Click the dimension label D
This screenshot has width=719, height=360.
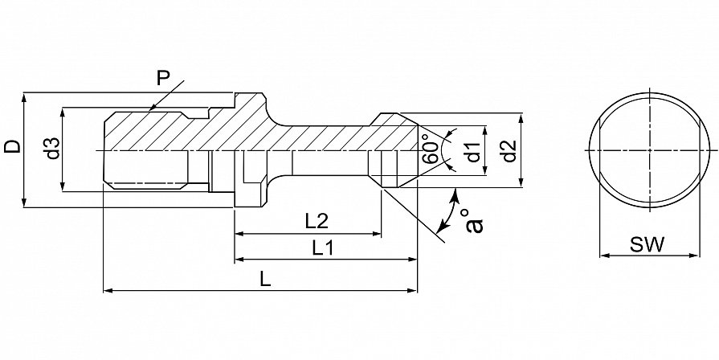(12, 146)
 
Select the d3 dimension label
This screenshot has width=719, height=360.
(53, 148)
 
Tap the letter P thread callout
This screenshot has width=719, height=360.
(163, 79)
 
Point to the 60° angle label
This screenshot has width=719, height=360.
(430, 149)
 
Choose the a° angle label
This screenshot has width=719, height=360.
(475, 221)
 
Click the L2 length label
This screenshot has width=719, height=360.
(317, 222)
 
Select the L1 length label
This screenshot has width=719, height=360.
(323, 248)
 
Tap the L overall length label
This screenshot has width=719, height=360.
(265, 278)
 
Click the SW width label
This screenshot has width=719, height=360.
(647, 245)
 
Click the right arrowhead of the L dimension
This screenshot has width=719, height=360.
(412, 290)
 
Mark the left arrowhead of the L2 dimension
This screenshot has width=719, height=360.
(239, 234)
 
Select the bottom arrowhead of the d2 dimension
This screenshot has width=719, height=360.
(522, 182)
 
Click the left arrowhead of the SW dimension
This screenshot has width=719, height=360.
(605, 255)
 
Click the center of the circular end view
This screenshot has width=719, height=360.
(650, 150)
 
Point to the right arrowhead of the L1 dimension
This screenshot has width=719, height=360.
(412, 260)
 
